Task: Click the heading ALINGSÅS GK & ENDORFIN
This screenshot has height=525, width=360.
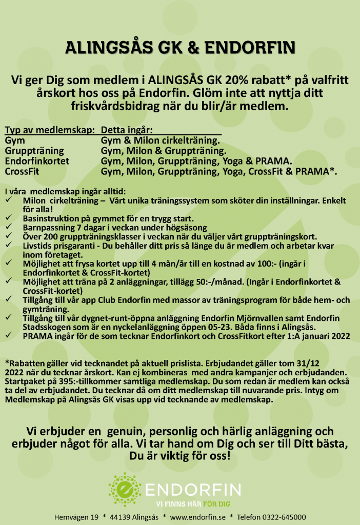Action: [179, 49]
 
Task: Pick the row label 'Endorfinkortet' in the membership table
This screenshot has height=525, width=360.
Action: [37, 161]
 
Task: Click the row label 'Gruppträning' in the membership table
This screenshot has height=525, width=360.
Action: [34, 151]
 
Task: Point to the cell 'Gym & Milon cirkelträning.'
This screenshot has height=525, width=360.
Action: [161, 140]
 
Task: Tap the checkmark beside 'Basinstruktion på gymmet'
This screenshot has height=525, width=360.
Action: [9, 218]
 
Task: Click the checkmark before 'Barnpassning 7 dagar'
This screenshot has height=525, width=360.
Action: [9, 227]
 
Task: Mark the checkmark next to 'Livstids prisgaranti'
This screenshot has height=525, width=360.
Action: [9, 246]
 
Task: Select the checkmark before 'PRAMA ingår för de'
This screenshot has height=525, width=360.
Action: [9, 336]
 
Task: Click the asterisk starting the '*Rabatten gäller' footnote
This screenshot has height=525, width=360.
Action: [6, 363]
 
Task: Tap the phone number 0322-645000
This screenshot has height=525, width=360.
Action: [284, 517]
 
